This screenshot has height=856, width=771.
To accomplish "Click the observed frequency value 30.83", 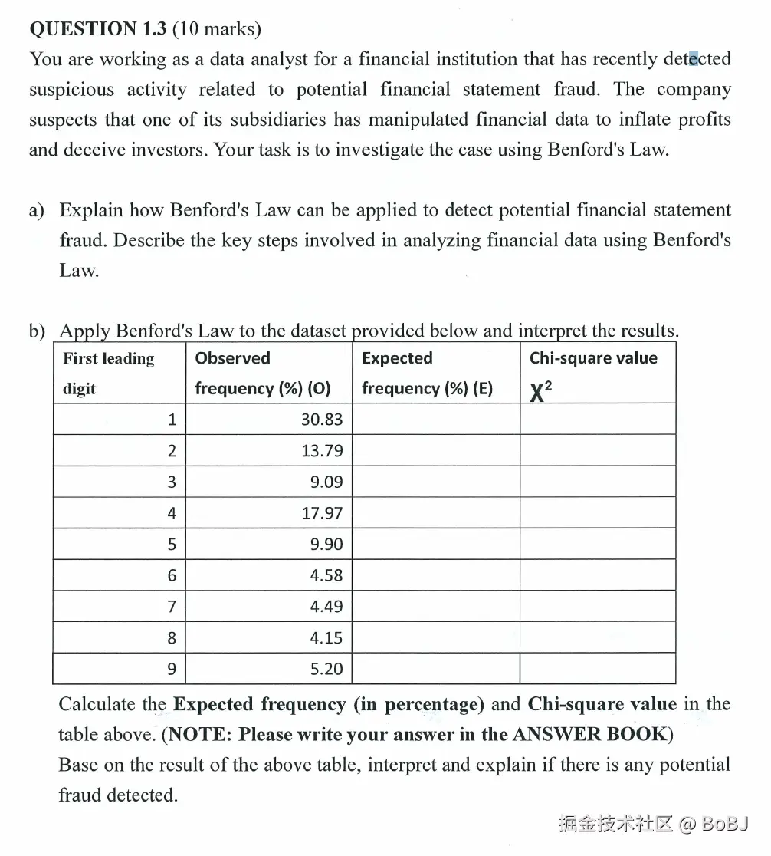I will point(322,420).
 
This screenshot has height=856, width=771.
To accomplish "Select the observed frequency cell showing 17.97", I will point(322,513).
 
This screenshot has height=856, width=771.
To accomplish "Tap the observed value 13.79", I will point(322,451).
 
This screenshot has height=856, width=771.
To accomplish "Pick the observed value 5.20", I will point(326,670).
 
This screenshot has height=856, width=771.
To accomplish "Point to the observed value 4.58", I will point(326,576).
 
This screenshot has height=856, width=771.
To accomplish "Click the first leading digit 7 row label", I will point(172,607).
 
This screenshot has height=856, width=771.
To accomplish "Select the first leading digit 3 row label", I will point(172,482).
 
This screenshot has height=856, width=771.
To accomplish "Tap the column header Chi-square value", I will point(593,358).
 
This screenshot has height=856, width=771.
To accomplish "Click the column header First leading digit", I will point(108,373).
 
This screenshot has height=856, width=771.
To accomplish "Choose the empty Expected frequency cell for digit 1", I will point(435,420).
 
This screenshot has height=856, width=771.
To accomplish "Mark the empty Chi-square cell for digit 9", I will point(598,670).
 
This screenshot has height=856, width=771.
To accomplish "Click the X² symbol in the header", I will point(540,391).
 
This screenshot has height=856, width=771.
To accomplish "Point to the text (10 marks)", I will point(217,29).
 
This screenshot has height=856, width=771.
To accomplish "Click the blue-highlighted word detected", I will point(697,59).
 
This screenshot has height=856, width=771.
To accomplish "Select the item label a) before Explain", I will point(38,210).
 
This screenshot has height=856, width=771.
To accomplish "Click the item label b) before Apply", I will point(38,331).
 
